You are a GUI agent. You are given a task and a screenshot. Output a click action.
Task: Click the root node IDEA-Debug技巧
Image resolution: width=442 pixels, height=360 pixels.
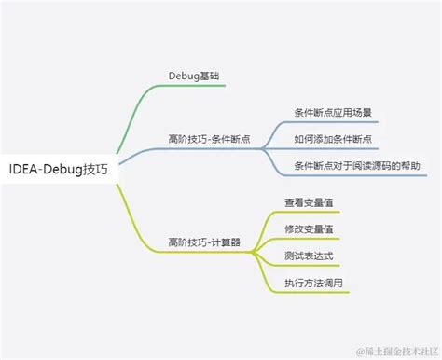point(58,170)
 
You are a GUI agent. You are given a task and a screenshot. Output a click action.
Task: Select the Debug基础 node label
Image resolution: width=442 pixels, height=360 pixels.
point(193,74)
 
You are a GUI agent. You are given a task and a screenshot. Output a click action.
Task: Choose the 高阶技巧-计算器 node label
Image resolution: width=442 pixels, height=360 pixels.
point(204,241)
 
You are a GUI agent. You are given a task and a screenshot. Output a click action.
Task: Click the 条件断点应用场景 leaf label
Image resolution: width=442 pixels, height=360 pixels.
point(334,113)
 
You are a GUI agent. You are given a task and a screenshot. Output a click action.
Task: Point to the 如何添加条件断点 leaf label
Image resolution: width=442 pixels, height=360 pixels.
point(334,139)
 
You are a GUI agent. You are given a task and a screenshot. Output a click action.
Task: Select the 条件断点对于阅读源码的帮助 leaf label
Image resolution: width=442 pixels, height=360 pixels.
point(356,165)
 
